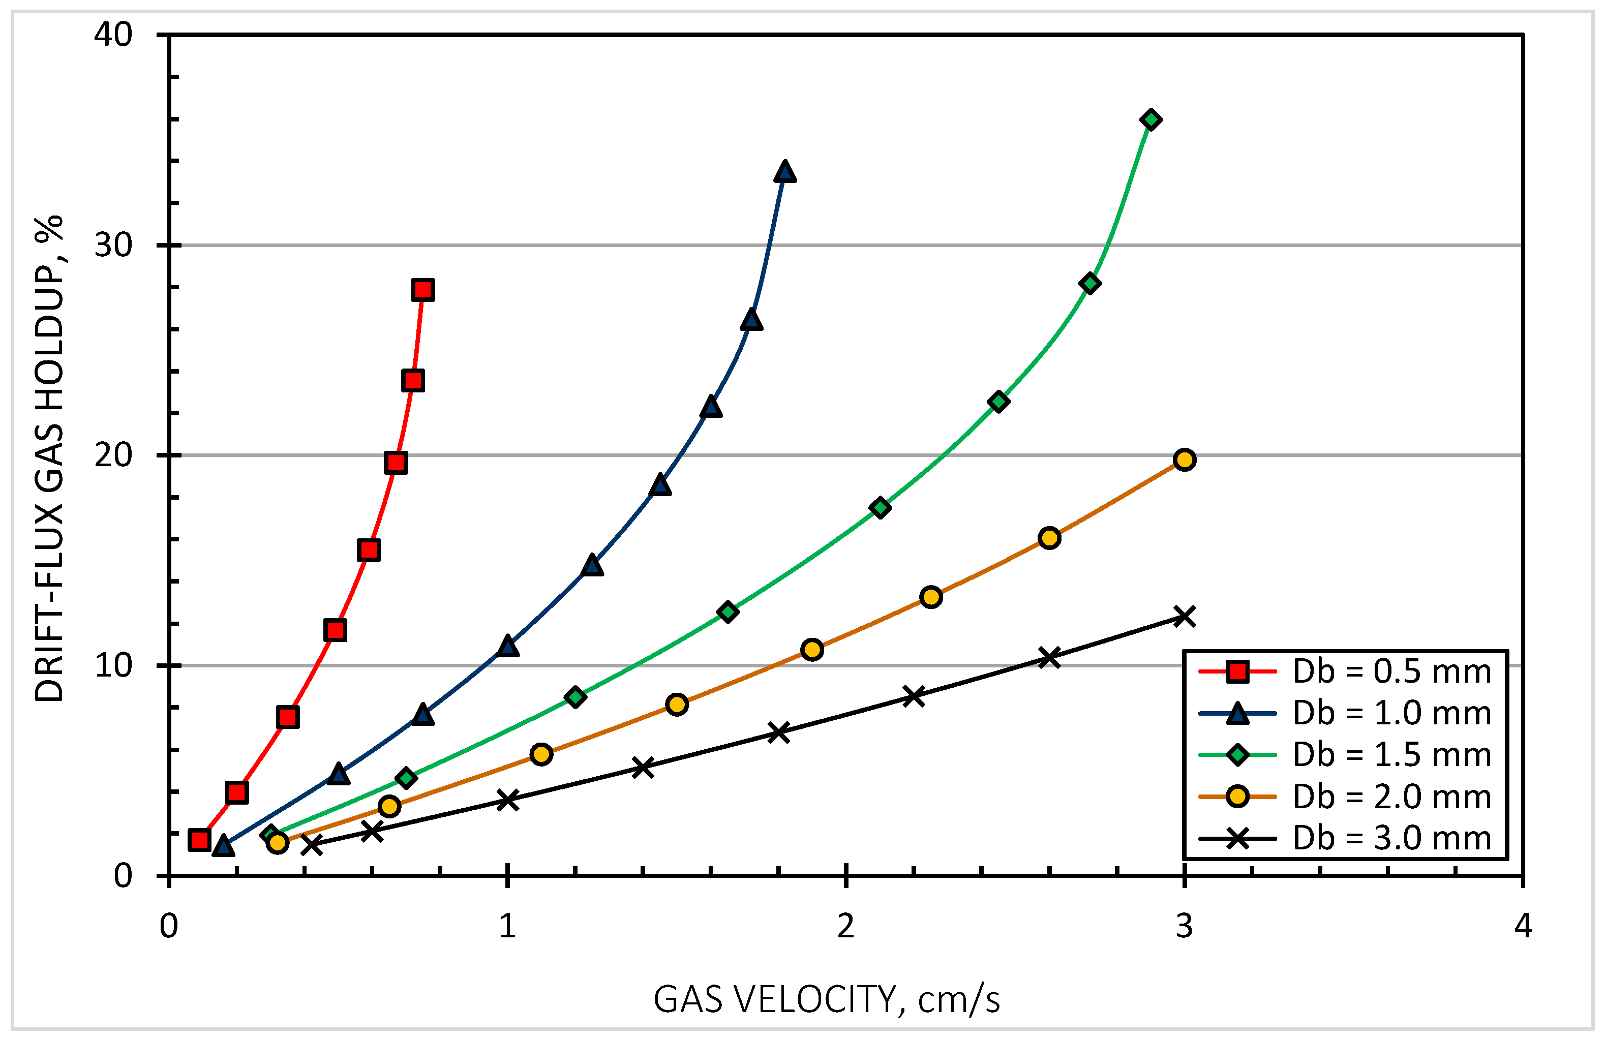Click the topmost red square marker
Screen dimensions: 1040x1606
(x=422, y=290)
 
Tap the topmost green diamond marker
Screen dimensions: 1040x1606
(x=1150, y=120)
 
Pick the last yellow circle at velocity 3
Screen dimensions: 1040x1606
(x=1184, y=460)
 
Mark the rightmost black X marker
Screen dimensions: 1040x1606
(x=1184, y=616)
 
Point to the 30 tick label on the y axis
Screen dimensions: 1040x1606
(x=113, y=244)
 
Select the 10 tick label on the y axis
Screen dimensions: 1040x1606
(x=113, y=665)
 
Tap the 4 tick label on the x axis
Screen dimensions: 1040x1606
(x=1523, y=927)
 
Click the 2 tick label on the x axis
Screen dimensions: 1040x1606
(x=845, y=927)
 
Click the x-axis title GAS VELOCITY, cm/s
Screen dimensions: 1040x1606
(x=826, y=999)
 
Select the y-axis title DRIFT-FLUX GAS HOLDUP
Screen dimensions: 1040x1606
(x=49, y=459)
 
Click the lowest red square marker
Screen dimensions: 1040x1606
(x=199, y=840)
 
